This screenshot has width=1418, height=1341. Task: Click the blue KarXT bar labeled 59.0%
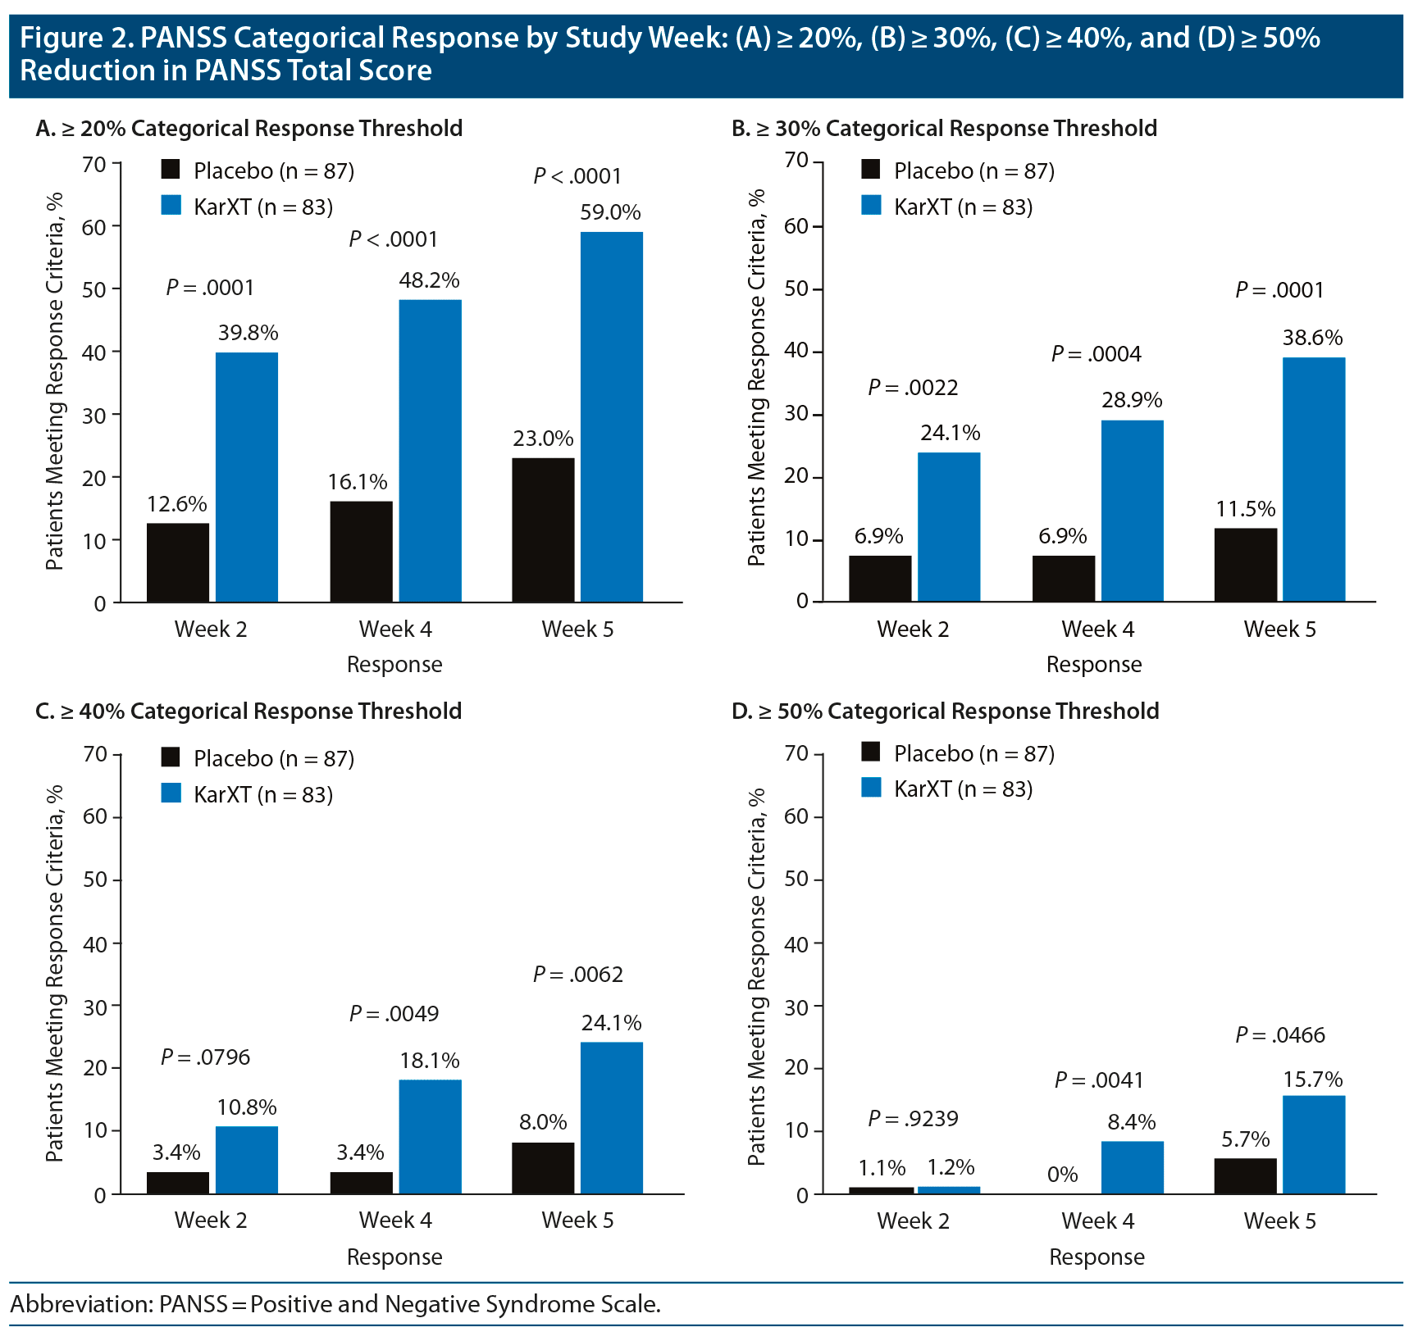611,417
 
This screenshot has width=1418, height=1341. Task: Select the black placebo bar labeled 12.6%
178,563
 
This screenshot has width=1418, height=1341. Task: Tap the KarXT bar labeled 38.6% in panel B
1314,480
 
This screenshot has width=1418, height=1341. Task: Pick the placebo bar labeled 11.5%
1245,566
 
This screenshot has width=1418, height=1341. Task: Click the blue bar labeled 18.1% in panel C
430,1137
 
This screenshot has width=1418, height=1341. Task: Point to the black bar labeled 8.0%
543,1168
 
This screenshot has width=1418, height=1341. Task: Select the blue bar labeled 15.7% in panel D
1314,1145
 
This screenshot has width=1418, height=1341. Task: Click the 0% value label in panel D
1062,1175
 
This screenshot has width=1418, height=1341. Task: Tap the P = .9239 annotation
913,1119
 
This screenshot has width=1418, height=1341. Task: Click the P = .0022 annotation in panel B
913,388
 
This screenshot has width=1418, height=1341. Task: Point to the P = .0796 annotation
205,1057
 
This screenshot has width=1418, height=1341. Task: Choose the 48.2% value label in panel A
429,280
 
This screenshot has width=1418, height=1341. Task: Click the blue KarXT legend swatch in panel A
171,205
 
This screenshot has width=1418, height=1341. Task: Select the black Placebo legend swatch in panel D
871,752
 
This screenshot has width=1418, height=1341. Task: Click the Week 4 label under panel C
395,1221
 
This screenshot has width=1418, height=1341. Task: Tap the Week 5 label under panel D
1279,1221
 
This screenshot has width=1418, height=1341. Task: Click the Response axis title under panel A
394,665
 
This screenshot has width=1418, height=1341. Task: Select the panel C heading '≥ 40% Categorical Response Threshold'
248,711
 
